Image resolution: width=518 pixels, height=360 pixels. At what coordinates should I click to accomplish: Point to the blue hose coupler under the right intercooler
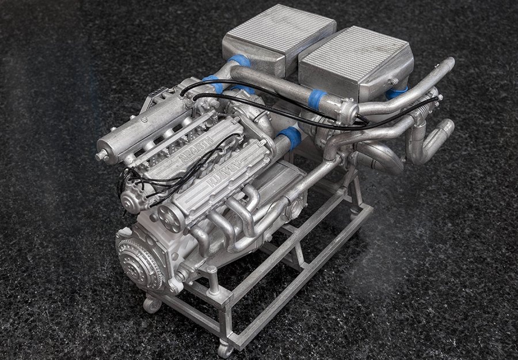click(397, 92)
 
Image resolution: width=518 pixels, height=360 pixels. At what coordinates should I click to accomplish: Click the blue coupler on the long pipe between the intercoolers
click(315, 99)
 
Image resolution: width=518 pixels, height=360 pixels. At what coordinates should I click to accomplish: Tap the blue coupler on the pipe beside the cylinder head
click(290, 138)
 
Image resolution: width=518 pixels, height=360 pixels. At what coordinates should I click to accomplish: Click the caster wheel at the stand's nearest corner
click(224, 348)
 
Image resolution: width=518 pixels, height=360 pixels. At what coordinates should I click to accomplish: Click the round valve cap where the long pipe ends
click(347, 111)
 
